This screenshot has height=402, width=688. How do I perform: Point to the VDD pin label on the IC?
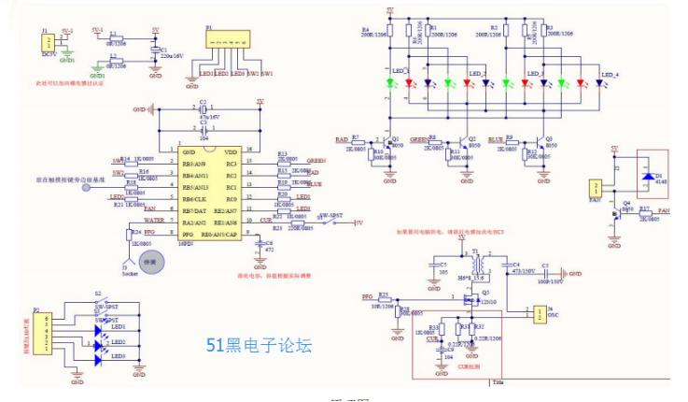[x=230, y=151]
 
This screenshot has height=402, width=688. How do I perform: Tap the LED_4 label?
[x=610, y=73]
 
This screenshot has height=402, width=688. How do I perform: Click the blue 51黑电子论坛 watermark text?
[x=259, y=345]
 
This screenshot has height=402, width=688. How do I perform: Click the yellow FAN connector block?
[x=595, y=186]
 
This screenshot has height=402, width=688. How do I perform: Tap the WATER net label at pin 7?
[x=154, y=221]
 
